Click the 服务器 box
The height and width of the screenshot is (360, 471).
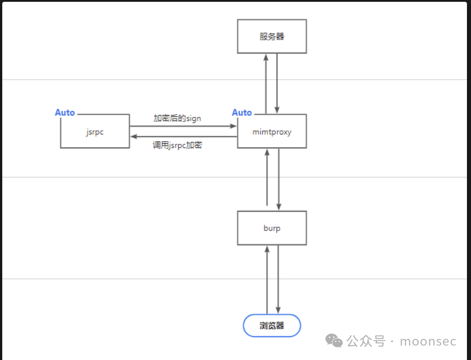pos(272,36)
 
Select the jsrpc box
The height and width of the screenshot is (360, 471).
pos(95,131)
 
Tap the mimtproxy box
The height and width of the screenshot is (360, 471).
pos(272,131)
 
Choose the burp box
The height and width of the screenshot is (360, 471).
pos(272,228)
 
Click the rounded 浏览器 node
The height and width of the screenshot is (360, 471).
pos(272,325)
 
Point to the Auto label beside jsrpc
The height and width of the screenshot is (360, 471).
pos(65,112)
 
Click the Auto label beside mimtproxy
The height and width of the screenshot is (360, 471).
pos(242,112)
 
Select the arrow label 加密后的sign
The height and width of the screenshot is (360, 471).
pos(177,118)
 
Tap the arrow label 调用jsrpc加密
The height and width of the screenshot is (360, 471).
pos(177,145)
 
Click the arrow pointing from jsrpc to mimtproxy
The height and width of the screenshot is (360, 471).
pos(183,126)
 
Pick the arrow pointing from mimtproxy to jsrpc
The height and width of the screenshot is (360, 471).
pos(184,137)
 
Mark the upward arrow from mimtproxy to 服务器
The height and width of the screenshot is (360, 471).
pos(266,84)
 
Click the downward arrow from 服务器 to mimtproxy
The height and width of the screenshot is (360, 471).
pos(277,83)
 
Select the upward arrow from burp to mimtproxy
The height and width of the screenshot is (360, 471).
pos(267,177)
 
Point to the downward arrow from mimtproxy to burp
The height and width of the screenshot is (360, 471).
pos(279,179)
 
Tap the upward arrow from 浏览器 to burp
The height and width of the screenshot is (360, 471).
pos(267,280)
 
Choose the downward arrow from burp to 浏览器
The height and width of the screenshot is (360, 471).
pos(278,280)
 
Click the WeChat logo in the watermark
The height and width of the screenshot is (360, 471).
pos(334,341)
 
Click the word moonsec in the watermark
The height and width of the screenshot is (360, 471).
pos(428,342)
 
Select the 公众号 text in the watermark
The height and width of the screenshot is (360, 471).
pos(366,341)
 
